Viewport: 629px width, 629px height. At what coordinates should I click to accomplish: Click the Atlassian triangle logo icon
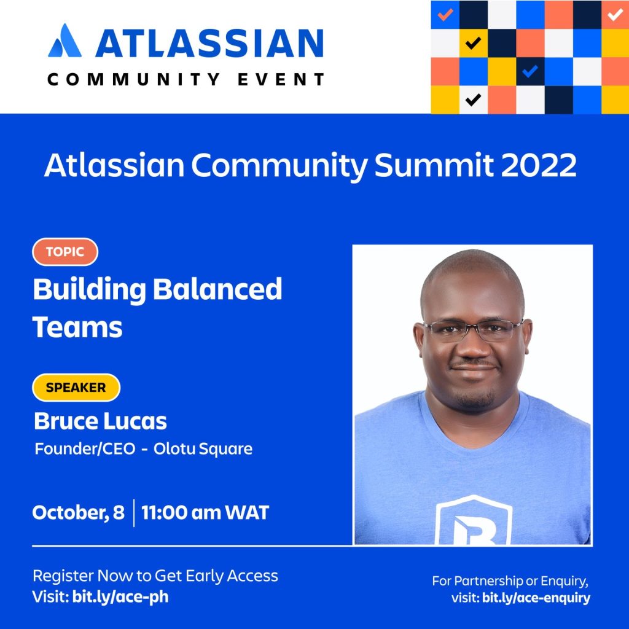pos(65,41)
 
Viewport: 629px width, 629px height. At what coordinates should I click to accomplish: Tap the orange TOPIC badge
pos(65,252)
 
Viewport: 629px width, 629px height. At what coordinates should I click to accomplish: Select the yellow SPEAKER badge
pos(76,388)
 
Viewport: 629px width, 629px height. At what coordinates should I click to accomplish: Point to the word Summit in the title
pos(434,165)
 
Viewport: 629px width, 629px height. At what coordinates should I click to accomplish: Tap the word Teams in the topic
pos(77,327)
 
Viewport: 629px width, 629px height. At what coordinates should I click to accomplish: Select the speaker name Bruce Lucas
pos(100,421)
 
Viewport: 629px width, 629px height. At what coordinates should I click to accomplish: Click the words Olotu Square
pos(203,449)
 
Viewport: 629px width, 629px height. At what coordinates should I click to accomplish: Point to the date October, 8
pos(78,513)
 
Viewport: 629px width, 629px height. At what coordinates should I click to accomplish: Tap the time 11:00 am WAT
pos(205,513)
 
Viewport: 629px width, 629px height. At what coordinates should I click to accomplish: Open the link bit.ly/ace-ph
pos(120,597)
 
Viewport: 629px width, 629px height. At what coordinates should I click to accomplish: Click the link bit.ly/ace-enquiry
pos(536,598)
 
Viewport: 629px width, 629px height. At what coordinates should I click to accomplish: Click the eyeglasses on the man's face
pos(474,330)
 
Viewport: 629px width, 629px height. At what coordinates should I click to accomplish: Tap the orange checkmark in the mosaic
pos(445,15)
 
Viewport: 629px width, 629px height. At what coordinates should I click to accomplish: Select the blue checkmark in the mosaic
pos(530,71)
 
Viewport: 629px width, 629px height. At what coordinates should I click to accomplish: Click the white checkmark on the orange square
pos(615,15)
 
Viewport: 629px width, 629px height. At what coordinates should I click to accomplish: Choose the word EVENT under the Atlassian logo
pos(281,79)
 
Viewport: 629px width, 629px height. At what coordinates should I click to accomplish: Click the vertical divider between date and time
pos(133,513)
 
